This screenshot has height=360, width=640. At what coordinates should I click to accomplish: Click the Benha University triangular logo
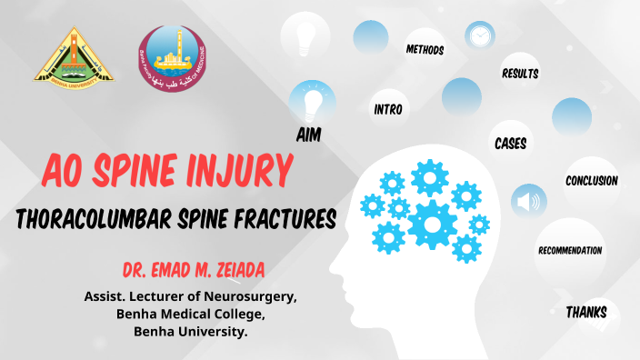[x=74, y=56]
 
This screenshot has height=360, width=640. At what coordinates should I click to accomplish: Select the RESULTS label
[x=520, y=74]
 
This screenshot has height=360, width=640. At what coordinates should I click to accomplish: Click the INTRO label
[x=388, y=109]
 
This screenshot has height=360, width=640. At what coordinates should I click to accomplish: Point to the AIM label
[x=309, y=135]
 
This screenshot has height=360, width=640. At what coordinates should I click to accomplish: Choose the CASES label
[x=510, y=144]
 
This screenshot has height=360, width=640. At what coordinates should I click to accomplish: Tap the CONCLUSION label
[x=591, y=181]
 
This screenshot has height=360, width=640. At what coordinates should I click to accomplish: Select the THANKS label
[x=586, y=313]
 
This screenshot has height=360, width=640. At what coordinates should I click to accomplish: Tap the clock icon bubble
[x=480, y=36]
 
